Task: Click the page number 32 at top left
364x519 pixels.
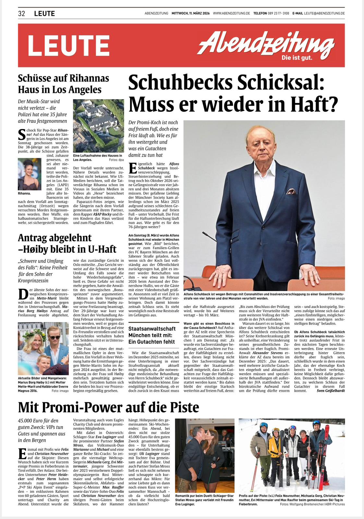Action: point(22,13)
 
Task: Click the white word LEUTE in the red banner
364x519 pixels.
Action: point(69,45)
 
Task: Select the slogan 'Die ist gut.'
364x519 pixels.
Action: point(297,58)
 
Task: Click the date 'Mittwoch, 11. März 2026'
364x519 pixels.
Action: point(190,13)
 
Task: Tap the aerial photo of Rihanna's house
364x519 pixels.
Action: point(99,126)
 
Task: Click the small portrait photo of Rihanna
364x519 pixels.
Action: point(30,174)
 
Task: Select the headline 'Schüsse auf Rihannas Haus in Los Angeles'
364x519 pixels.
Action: point(63,84)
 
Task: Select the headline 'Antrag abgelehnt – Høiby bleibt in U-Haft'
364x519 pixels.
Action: point(67,243)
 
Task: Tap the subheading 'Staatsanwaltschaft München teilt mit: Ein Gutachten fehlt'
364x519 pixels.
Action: point(152,335)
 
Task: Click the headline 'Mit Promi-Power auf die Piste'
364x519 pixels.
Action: point(109,407)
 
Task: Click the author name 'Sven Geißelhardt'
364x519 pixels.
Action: point(331,391)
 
